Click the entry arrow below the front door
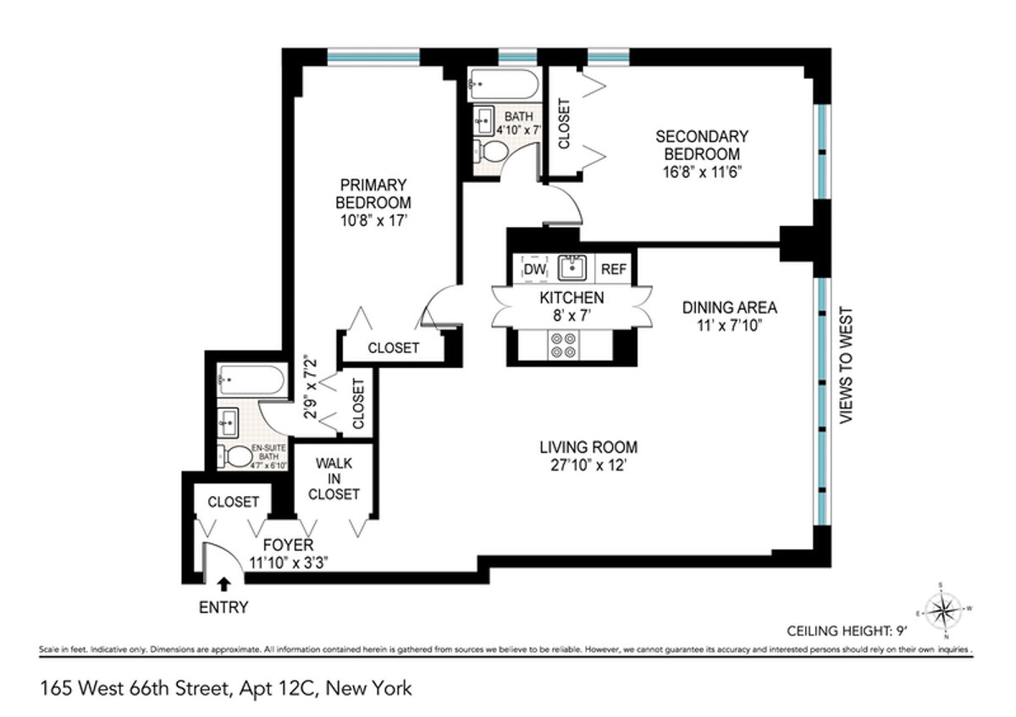[224, 583]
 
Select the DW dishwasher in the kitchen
[534, 269]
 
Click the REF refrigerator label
[614, 269]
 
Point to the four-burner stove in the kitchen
[564, 345]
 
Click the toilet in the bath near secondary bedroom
[490, 152]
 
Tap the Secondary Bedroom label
[702, 145]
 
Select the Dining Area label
[729, 307]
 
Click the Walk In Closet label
[334, 479]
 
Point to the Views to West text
[844, 366]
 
